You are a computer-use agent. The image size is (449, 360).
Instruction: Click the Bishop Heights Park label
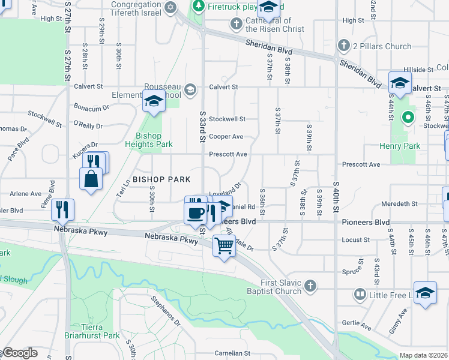click(149, 140)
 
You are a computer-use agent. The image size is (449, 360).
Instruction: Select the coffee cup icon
click(195, 213)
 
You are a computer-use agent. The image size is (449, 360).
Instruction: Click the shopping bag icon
click(91, 179)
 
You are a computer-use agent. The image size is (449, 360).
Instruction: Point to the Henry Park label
click(400, 146)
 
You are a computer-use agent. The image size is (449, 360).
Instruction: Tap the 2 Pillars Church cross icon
click(343, 46)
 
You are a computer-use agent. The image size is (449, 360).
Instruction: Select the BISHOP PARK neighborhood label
click(161, 179)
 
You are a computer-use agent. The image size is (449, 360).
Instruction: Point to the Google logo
click(19, 353)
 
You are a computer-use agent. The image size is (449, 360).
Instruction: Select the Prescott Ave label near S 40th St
click(361, 164)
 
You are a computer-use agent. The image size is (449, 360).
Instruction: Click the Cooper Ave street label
click(226, 137)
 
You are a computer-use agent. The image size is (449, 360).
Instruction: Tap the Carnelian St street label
click(233, 354)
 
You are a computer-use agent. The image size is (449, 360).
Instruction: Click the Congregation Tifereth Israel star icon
click(171, 7)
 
